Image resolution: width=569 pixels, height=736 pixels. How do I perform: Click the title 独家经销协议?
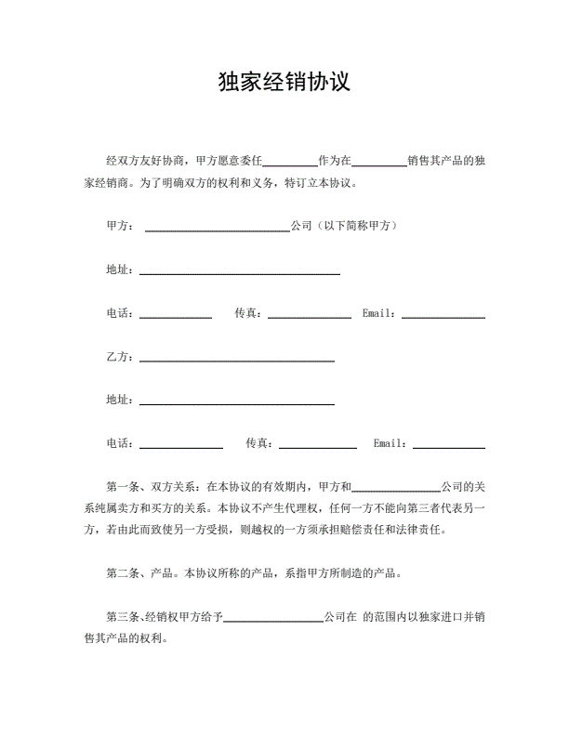pos(284,82)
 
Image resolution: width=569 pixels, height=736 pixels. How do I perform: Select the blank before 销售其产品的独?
pos(379,163)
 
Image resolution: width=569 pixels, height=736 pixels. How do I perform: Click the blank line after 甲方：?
pos(218,228)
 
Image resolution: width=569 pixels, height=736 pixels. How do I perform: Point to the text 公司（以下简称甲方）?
pos(345,226)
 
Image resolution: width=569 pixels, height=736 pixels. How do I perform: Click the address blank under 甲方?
pos(239,271)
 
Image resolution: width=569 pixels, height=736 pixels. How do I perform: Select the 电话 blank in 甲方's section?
pos(176,315)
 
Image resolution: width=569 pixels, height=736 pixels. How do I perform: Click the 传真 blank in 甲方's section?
pos(309,315)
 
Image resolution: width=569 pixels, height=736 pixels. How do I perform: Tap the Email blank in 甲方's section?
pos(443,315)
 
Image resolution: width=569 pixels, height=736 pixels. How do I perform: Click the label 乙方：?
pos(121,357)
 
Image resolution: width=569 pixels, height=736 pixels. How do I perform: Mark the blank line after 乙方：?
pos(236,359)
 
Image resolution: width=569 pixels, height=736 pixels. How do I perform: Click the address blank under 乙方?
pos(236,402)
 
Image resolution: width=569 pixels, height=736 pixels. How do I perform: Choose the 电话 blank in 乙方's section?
pos(181,446)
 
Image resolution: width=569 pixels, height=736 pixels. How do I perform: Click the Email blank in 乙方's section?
pos(448,446)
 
